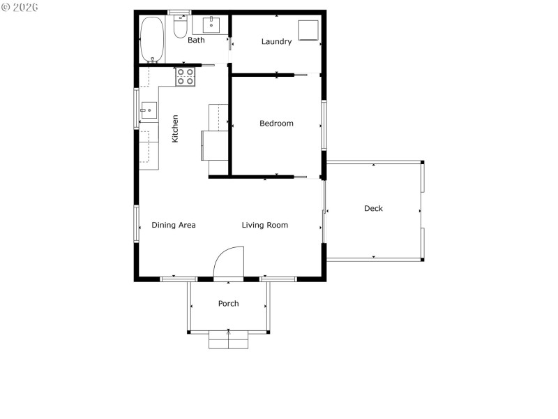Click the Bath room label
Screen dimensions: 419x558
click(x=196, y=41)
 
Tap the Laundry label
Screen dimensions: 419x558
click(x=276, y=42)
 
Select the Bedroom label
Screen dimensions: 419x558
click(x=276, y=124)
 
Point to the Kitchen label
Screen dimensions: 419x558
click(x=175, y=128)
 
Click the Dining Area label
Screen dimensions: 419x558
click(x=174, y=226)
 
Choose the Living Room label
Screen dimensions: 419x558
click(x=265, y=226)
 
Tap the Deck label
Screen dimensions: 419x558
click(x=373, y=209)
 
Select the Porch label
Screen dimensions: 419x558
click(x=228, y=304)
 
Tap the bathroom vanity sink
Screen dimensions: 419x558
click(x=211, y=26)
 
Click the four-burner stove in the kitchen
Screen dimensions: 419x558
click(x=185, y=77)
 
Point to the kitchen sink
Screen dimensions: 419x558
click(x=148, y=110)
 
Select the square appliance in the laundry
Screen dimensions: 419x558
click(x=308, y=31)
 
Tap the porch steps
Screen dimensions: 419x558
click(x=228, y=340)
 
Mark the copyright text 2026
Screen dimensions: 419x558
click(x=20, y=7)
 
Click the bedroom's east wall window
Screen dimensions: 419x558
click(x=324, y=125)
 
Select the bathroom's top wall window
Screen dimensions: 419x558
click(x=180, y=12)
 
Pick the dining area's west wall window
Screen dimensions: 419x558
click(x=137, y=223)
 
